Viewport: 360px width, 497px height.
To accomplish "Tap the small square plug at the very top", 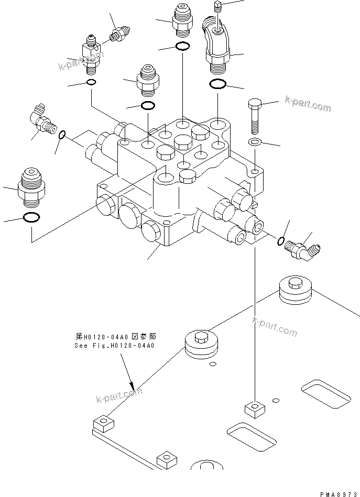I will [x=219, y=6].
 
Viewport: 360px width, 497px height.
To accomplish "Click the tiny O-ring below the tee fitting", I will [x=91, y=83].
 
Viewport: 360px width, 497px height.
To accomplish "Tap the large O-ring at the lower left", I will [x=31, y=218].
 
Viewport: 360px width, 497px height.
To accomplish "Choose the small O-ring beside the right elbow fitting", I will [x=281, y=240].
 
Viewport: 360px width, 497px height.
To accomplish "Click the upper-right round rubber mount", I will [x=296, y=289].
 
